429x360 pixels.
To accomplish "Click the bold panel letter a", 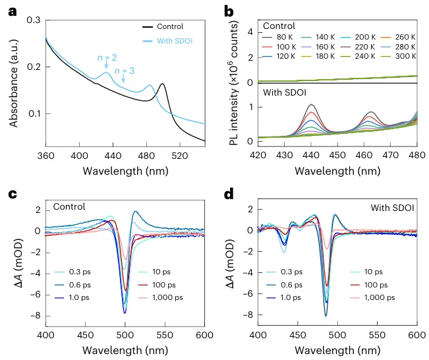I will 8,9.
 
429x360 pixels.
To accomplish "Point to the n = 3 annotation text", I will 123,71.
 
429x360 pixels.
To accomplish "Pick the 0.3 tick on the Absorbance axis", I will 32,21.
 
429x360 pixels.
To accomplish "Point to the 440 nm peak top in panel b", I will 290,105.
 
